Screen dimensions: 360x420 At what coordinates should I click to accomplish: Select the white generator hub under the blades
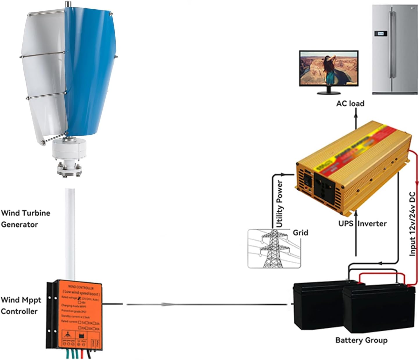pyautogui.click(x=69, y=150)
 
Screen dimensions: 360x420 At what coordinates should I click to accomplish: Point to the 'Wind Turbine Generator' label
pyautogui.click(x=25, y=218)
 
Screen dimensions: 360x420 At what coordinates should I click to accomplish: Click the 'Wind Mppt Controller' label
pyautogui.click(x=21, y=305)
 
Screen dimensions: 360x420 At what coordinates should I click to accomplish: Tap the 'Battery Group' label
pyautogui.click(x=361, y=340)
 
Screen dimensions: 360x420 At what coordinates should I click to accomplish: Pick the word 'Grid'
pyautogui.click(x=300, y=233)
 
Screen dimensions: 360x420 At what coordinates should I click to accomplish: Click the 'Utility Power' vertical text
pyautogui.click(x=279, y=204)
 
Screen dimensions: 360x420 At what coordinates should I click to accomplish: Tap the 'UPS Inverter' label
pyautogui.click(x=362, y=223)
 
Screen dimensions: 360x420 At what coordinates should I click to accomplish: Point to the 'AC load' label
pyautogui.click(x=350, y=103)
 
